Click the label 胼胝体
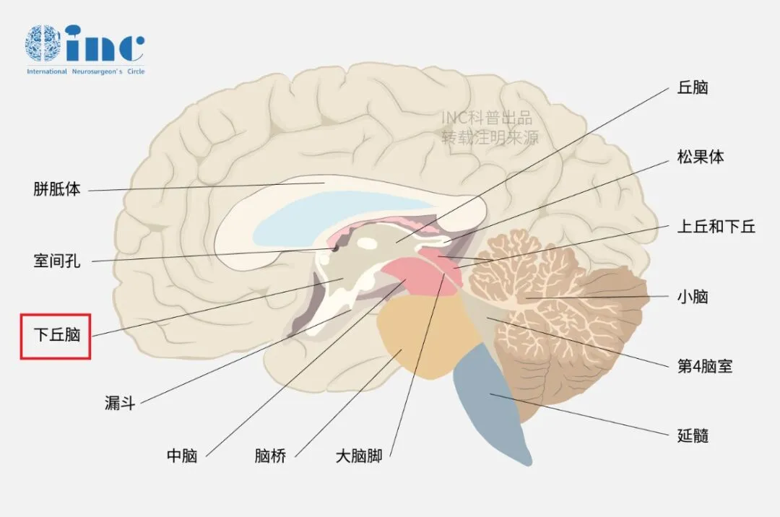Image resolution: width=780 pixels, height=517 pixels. tap(57, 191)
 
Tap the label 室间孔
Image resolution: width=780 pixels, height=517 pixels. tap(57, 261)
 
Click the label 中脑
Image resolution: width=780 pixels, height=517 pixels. tap(182, 456)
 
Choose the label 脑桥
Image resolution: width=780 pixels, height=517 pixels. tap(271, 456)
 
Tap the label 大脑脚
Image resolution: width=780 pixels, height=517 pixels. tap(359, 456)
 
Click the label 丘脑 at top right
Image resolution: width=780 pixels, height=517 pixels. tap(693, 87)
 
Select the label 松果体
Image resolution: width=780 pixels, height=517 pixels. tap(701, 157)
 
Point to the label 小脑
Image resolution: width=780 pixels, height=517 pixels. tap(693, 296)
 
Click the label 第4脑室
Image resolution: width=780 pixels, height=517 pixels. tap(705, 366)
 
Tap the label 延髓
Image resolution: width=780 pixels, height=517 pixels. tap(693, 435)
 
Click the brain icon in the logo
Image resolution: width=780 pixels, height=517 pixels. tap(43, 43)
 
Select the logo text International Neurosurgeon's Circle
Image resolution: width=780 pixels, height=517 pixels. tap(85, 71)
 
